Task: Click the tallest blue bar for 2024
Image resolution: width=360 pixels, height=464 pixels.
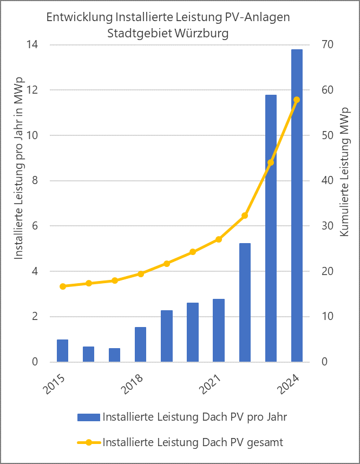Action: tap(297, 206)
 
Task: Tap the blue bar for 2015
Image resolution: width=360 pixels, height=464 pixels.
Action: tap(63, 351)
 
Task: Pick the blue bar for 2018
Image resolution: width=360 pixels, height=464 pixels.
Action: tap(141, 344)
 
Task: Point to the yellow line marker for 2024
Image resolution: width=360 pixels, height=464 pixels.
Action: tap(297, 100)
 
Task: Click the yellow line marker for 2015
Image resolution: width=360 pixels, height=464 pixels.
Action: tap(63, 286)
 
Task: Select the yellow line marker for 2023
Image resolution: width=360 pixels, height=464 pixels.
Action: tap(271, 162)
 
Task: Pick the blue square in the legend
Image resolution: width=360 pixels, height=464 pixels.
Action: tap(89, 417)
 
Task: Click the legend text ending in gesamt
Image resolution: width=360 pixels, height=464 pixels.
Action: tap(193, 442)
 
